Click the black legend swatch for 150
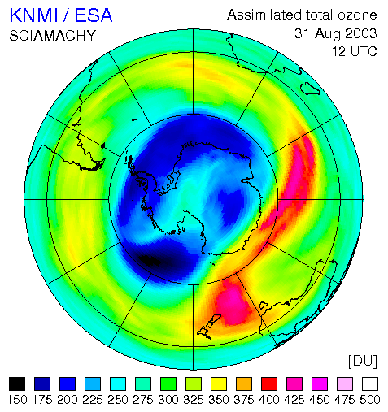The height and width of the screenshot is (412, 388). [17, 384]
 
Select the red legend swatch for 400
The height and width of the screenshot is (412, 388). [269, 384]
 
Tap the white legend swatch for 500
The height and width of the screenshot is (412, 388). [370, 384]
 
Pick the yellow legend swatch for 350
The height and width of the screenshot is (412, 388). [219, 384]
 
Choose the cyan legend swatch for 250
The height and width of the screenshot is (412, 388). [118, 384]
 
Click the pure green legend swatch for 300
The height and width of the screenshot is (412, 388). [168, 384]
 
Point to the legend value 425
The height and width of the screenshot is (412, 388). [294, 400]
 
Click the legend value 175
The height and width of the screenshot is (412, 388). [42, 400]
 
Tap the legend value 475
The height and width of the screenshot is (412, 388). [345, 400]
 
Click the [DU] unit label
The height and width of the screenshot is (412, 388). [363, 362]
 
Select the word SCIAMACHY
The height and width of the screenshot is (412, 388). [53, 36]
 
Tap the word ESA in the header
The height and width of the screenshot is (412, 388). [94, 15]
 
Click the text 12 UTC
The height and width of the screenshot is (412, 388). [355, 51]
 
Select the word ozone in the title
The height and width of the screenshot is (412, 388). [357, 15]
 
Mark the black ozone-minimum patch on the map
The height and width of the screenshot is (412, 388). [150, 260]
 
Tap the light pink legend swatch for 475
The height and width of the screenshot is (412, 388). [345, 384]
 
